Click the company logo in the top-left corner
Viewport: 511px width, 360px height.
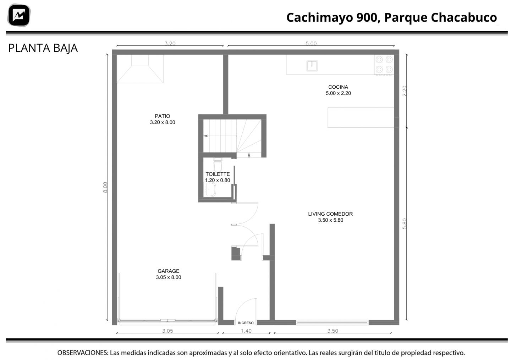(x=19, y=15)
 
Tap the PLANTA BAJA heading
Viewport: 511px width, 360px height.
(x=43, y=48)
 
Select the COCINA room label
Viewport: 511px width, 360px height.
(x=338, y=87)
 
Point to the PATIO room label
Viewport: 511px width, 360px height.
(x=163, y=116)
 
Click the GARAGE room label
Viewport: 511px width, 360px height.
(x=168, y=271)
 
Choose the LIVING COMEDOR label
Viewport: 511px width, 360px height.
(x=330, y=214)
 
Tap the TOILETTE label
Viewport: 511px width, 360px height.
(x=218, y=174)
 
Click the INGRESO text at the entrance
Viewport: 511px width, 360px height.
(x=246, y=323)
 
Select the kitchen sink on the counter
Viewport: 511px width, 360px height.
(x=312, y=66)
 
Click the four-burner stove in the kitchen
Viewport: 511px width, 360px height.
(x=384, y=65)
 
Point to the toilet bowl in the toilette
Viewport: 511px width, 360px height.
(x=218, y=165)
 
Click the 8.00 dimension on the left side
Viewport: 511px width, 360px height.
(x=105, y=187)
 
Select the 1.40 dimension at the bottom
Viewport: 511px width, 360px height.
(x=246, y=331)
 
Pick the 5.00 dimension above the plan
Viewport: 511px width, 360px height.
(x=311, y=43)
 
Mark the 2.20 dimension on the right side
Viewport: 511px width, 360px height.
(x=405, y=91)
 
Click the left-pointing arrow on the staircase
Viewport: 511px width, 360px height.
(x=220, y=136)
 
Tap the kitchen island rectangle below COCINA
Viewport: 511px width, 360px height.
(x=361, y=117)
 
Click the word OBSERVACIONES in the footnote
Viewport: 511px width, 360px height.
(x=83, y=353)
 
